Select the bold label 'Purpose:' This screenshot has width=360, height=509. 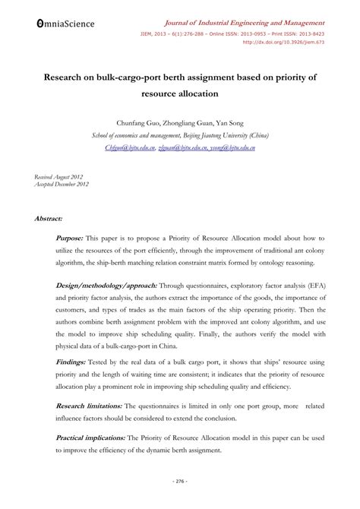[x=71, y=238]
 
